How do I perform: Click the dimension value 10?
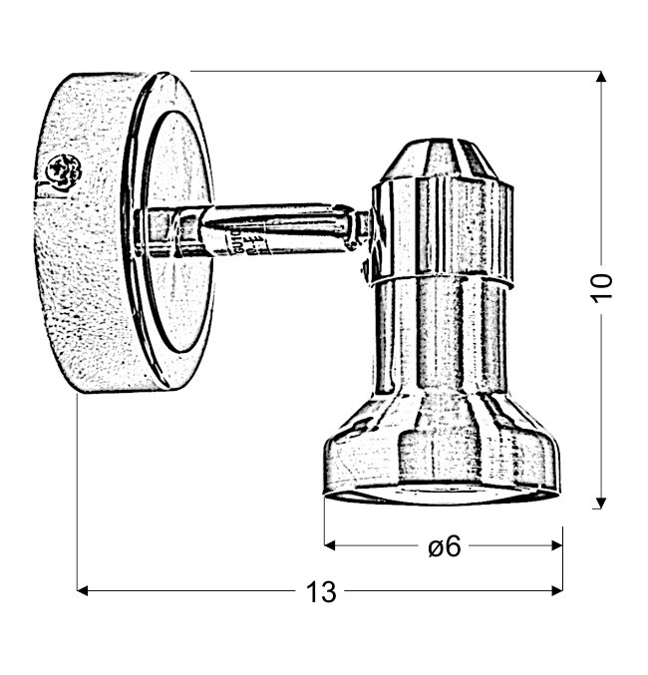[603, 287]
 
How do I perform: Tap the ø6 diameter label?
[445, 546]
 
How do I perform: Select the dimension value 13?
[321, 592]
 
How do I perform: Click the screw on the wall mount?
[64, 170]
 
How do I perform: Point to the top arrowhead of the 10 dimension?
[601, 77]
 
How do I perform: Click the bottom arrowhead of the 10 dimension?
[601, 504]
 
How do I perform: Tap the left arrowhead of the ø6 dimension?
[330, 545]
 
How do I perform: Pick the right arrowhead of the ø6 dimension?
[557, 545]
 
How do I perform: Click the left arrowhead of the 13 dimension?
[82, 590]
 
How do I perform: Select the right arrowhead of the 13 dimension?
[557, 590]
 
